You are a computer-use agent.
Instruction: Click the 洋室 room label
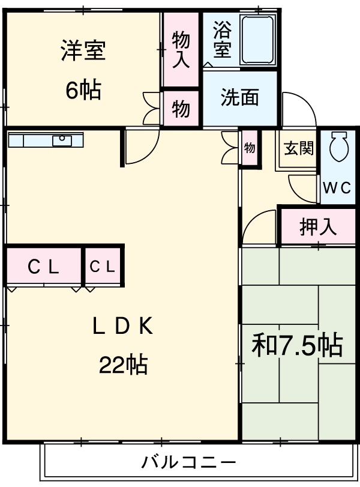coord(83,51)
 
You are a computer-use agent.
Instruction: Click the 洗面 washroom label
coord(239,97)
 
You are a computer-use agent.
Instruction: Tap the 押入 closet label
coord(318,227)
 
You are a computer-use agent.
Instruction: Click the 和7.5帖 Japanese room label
coord(296,346)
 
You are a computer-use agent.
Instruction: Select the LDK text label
coord(123,327)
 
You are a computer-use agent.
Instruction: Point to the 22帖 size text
coord(123,364)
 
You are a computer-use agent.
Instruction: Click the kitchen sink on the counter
coord(62,140)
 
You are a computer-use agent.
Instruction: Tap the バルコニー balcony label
coord(188,463)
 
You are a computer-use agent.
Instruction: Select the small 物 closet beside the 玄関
coord(250,148)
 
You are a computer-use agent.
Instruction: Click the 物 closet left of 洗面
coord(181,109)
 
